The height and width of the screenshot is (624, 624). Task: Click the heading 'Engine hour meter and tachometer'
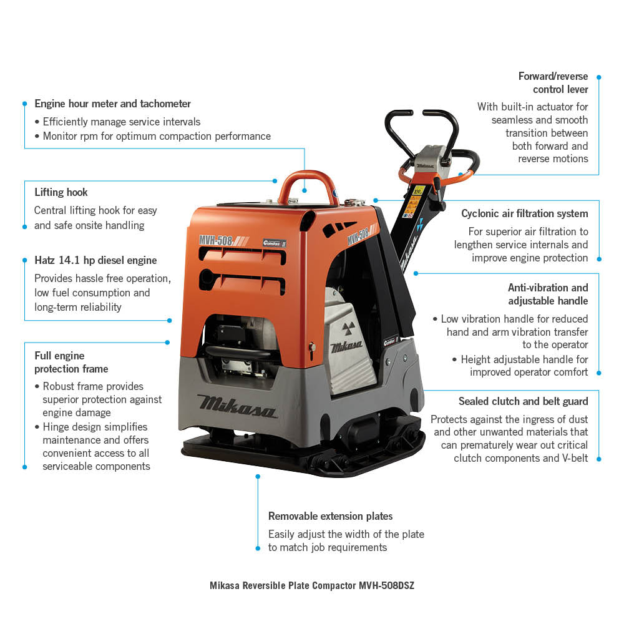coord(112,104)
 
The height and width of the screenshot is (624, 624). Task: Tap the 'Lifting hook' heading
coord(61,192)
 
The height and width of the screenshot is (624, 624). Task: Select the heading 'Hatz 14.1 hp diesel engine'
coord(95,260)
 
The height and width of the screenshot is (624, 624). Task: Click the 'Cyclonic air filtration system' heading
coord(524,213)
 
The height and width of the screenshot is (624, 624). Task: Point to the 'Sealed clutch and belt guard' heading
coord(523,401)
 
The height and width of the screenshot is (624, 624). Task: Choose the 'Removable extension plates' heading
coord(330,516)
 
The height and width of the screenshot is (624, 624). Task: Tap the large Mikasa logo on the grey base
coord(237,406)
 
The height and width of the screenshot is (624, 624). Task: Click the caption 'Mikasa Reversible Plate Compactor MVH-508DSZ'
coord(311,586)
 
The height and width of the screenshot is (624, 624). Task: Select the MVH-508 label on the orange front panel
coord(216,240)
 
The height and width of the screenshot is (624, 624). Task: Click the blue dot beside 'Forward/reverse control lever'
coord(598,77)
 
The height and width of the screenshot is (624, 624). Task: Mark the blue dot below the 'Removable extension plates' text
coord(258,548)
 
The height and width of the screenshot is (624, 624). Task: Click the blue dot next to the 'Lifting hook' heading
coord(275,181)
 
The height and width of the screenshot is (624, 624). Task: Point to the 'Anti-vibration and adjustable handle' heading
coord(548,294)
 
